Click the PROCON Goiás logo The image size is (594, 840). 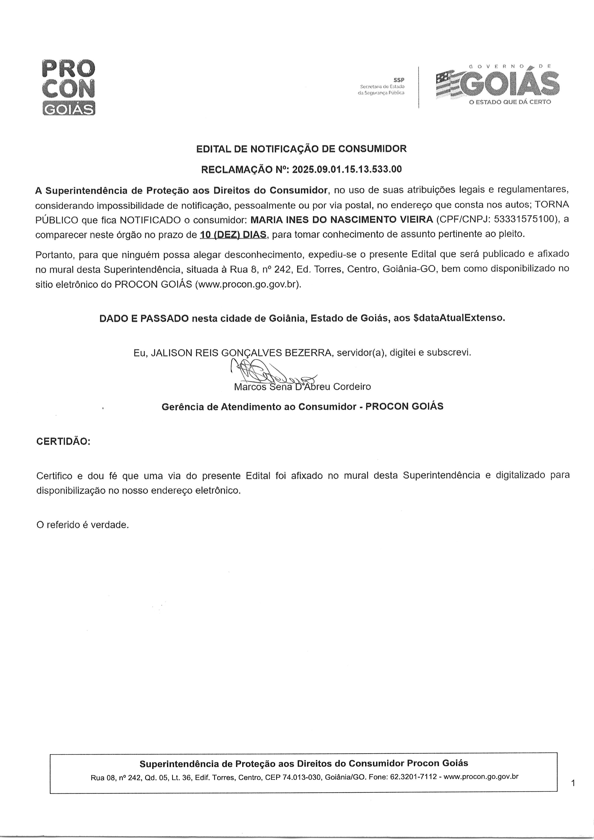[x=69, y=87]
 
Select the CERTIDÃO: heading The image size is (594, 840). [x=63, y=442]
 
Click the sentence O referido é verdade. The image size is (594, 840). [x=82, y=525]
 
